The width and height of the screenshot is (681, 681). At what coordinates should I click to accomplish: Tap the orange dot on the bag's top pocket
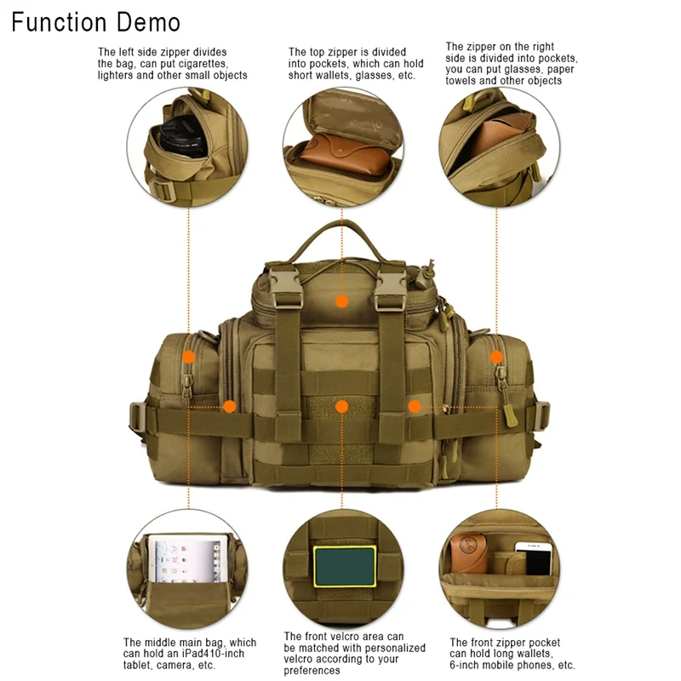tap(341, 301)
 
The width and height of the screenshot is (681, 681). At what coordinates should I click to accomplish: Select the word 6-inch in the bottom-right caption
tap(467, 666)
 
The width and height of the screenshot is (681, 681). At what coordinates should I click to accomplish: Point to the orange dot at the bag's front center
tap(341, 406)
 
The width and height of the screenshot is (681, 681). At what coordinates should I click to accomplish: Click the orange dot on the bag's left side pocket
tap(189, 358)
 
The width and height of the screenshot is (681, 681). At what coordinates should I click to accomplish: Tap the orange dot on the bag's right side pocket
tap(497, 358)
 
